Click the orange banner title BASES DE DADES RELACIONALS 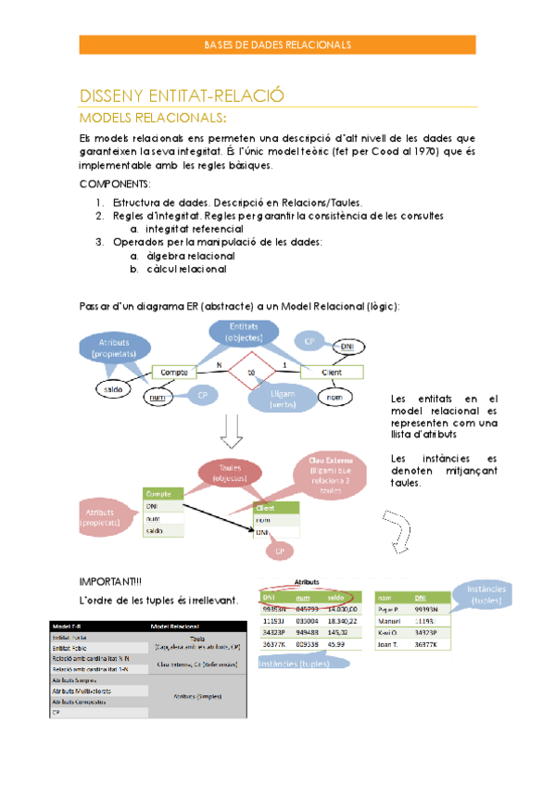pyautogui.click(x=277, y=44)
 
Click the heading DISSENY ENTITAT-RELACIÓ pyautogui.click(x=182, y=96)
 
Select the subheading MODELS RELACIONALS pyautogui.click(x=153, y=119)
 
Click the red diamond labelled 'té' pyautogui.click(x=251, y=373)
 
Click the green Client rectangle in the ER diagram pyautogui.click(x=332, y=372)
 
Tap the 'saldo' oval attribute pyautogui.click(x=114, y=390)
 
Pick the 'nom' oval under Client pyautogui.click(x=334, y=398)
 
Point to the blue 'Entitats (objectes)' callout pyautogui.click(x=245, y=332)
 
